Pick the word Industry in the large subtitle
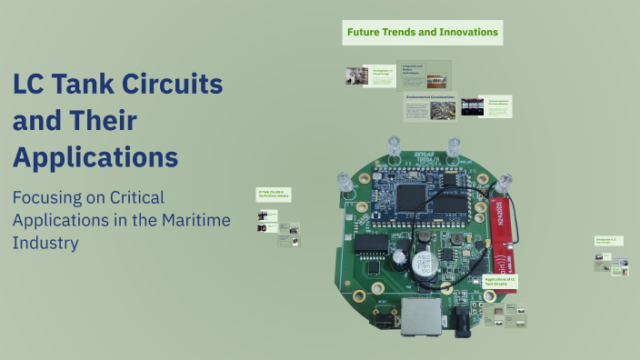(x=45, y=243)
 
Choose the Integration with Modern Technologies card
(x=425, y=74)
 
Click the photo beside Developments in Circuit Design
(x=355, y=76)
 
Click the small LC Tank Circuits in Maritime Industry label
(x=273, y=195)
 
